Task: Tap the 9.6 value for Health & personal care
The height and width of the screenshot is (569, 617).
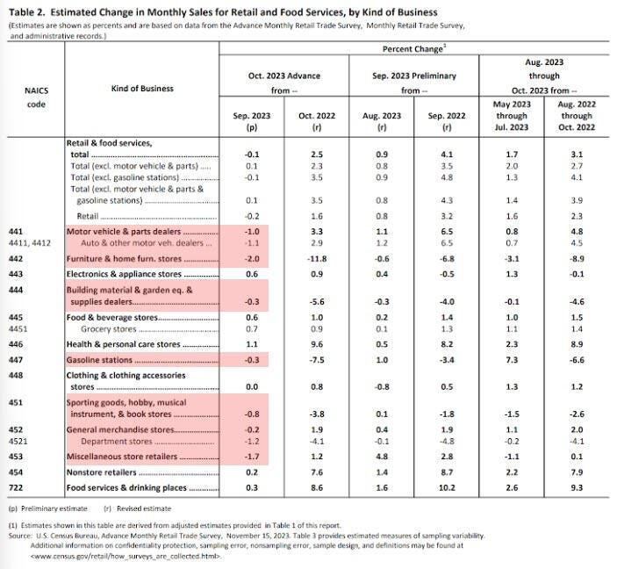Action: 319,344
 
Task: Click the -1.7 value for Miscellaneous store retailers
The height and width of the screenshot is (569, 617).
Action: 252,457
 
